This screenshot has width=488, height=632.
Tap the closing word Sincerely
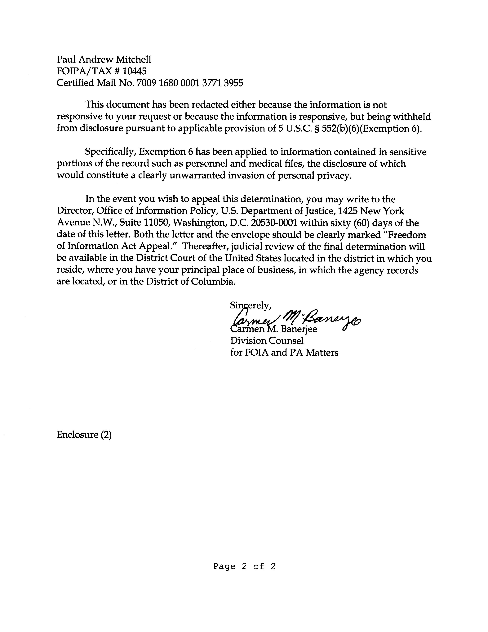click(x=250, y=305)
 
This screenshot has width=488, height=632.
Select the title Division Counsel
click(x=267, y=341)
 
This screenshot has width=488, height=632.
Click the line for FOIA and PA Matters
click(x=284, y=353)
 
